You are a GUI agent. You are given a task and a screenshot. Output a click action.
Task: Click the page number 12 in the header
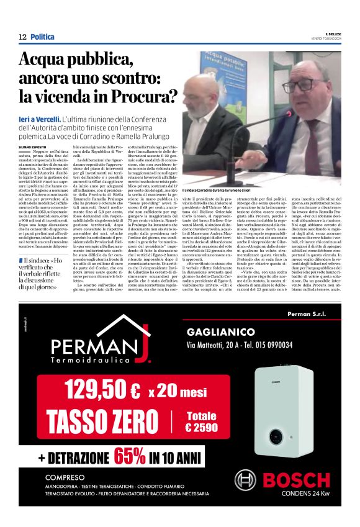click(x=22, y=37)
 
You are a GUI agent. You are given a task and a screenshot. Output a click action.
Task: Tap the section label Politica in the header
click(x=42, y=37)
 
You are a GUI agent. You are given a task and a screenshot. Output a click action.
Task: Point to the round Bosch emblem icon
click(x=245, y=481)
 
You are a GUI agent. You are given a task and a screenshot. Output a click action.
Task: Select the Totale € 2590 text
click(x=200, y=421)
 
